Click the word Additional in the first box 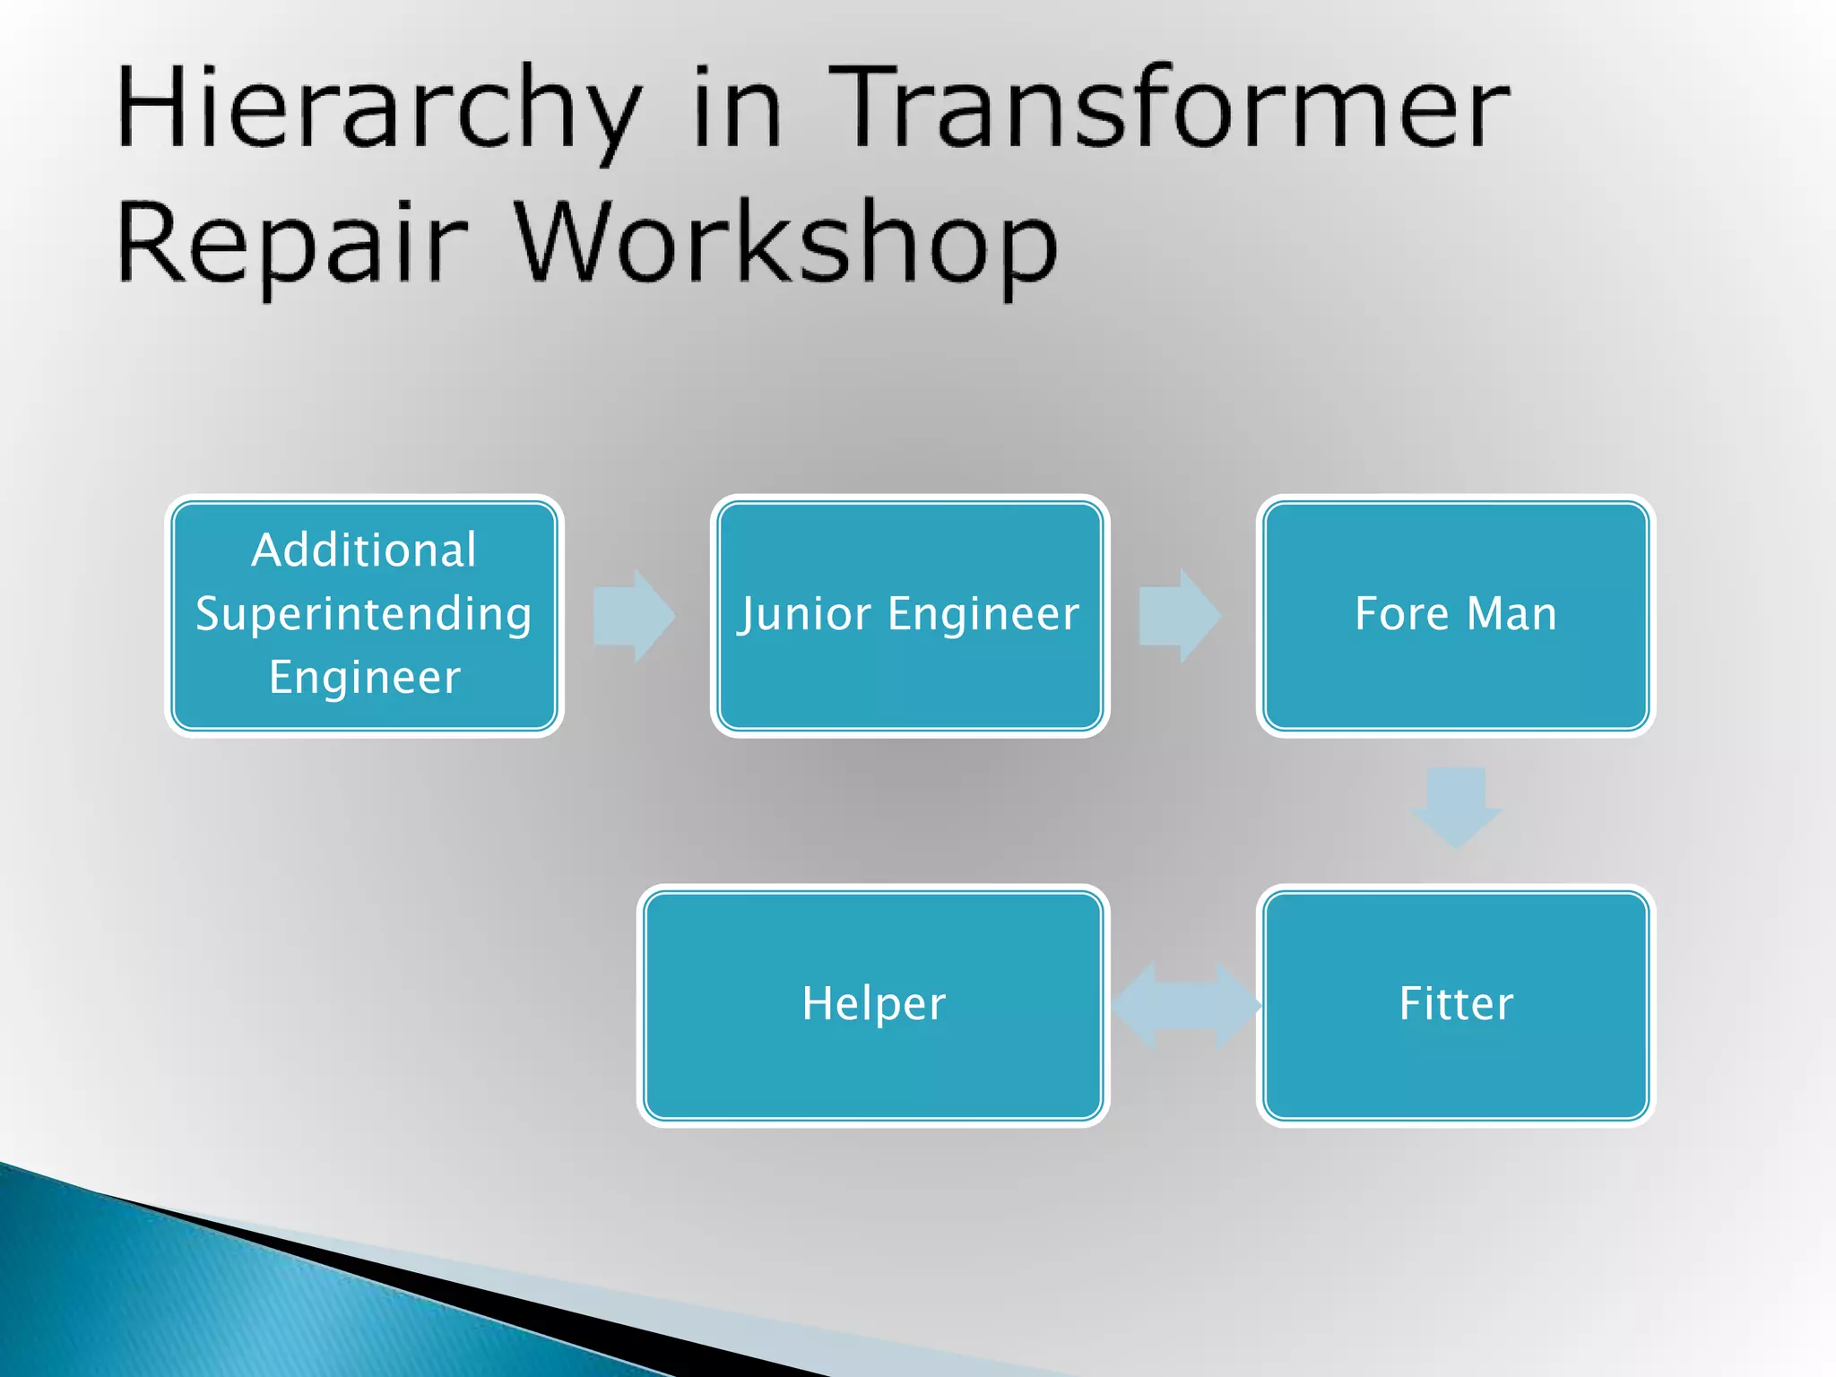coord(364,550)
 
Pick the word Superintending coord(364,614)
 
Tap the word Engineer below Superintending coord(364,677)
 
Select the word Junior coord(804,614)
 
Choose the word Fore coord(1400,614)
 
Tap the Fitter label coord(1456,1003)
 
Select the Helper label coord(873,1003)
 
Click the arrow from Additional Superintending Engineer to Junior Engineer coord(634,616)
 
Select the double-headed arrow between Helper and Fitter coord(1185,1005)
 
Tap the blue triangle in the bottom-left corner coord(179,1300)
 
